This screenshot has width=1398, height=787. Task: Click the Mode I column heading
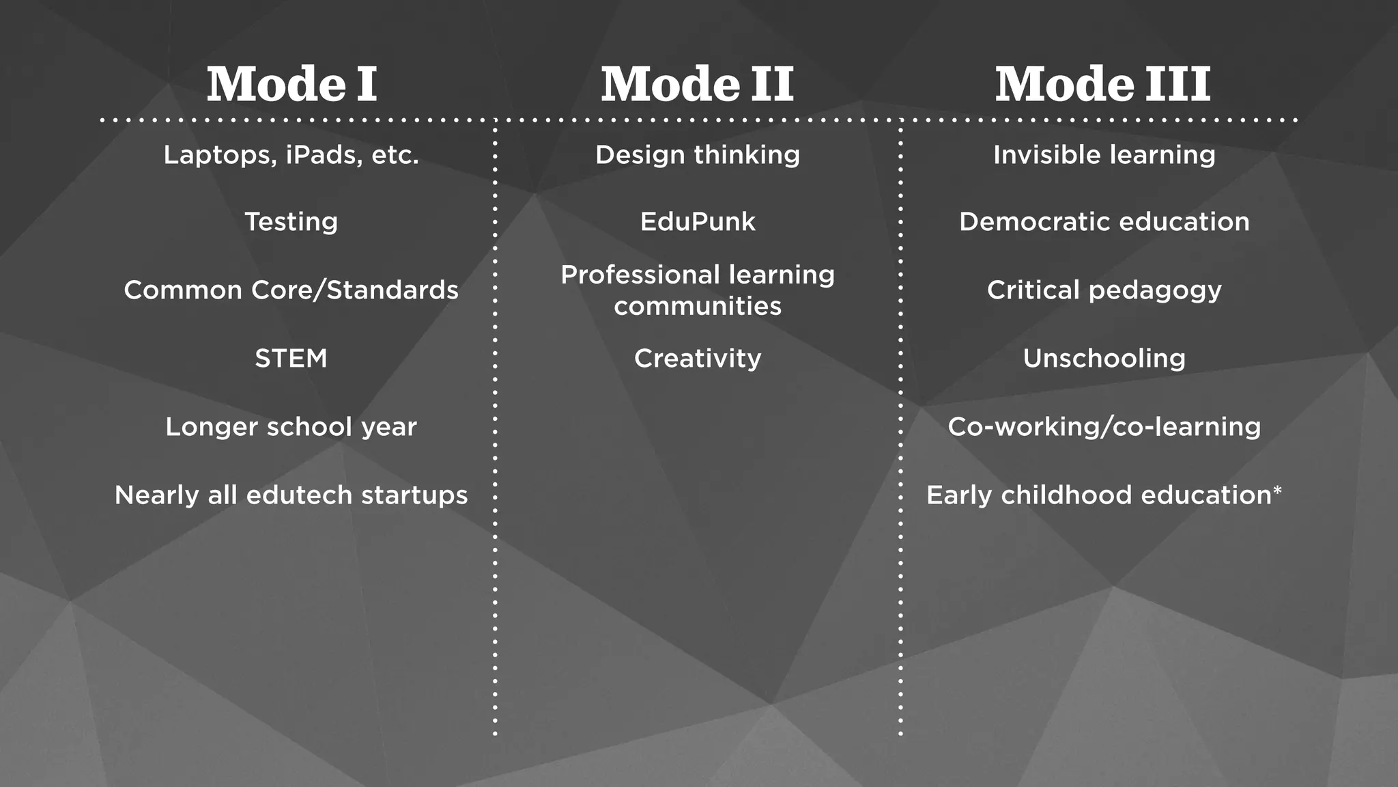click(x=291, y=85)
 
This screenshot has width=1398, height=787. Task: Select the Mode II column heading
click(x=697, y=85)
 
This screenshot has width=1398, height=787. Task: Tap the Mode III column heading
click(x=1102, y=85)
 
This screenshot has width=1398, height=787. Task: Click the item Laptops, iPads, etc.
click(x=291, y=155)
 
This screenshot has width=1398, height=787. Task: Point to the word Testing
click(x=291, y=222)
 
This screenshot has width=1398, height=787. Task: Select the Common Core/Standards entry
click(x=291, y=290)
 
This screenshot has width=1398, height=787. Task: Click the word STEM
click(x=291, y=359)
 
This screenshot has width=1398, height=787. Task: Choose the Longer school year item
click(x=291, y=427)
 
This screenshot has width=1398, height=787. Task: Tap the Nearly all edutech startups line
click(x=291, y=495)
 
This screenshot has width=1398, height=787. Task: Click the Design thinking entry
click(x=698, y=155)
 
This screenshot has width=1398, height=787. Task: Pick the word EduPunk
click(x=698, y=222)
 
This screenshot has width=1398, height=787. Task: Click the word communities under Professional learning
click(x=698, y=307)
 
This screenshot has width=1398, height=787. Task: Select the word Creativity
click(x=698, y=359)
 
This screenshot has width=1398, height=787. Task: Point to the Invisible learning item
click(x=1104, y=155)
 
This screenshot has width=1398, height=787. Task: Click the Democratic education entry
click(x=1104, y=222)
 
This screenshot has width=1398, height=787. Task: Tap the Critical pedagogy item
click(x=1104, y=290)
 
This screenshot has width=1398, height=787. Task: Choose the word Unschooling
click(x=1104, y=359)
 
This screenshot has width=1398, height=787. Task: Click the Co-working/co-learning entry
click(x=1104, y=427)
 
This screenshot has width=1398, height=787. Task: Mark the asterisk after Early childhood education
click(x=1277, y=490)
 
